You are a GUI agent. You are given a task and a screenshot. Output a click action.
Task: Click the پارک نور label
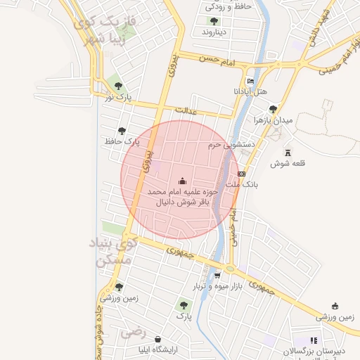pos(118,96)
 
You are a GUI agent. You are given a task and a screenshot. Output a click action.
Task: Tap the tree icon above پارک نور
pos(118,86)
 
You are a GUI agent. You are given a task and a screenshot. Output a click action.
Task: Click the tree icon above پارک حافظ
pos(122,130)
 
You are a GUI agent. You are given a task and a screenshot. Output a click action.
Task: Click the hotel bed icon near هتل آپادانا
pos(250,82)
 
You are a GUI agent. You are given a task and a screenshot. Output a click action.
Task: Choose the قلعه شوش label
pos(287,163)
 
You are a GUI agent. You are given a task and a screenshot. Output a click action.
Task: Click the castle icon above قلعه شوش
pos(287,152)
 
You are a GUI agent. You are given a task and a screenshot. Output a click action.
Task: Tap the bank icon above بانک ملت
pos(242,173)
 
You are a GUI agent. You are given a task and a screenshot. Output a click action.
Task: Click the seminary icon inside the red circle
pos(183,180)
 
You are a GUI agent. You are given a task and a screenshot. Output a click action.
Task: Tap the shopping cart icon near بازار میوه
pos(218,275)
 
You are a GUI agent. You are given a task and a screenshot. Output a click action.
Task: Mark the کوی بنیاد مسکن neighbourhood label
pos(110,252)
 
